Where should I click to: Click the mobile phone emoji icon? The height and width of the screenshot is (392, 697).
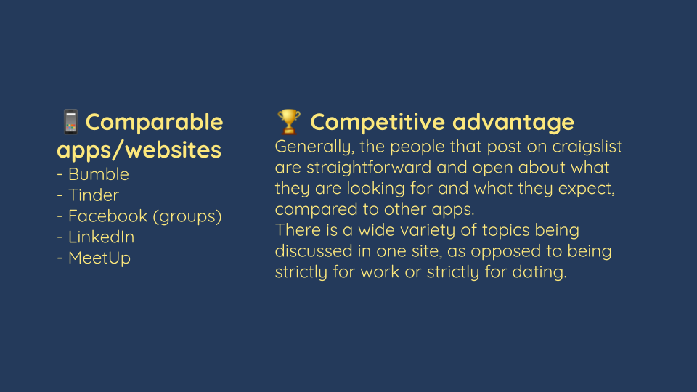tap(70, 121)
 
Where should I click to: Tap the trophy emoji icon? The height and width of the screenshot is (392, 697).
tap(288, 121)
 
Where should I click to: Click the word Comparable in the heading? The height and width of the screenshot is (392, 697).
tap(154, 122)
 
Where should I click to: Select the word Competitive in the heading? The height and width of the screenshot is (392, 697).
tap(378, 122)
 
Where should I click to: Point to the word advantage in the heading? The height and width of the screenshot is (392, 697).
tap(513, 122)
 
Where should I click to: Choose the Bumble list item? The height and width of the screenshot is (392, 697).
tap(93, 174)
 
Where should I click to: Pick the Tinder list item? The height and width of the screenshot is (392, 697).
tap(88, 195)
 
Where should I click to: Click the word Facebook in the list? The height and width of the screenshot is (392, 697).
tap(107, 216)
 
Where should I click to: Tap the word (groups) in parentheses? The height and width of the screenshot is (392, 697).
tap(187, 216)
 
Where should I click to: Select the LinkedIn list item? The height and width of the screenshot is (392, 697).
tap(96, 237)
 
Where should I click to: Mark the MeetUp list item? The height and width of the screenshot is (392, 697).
tap(94, 258)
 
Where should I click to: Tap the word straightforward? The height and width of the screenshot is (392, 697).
tap(369, 168)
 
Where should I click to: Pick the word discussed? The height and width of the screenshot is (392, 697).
tap(314, 251)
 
